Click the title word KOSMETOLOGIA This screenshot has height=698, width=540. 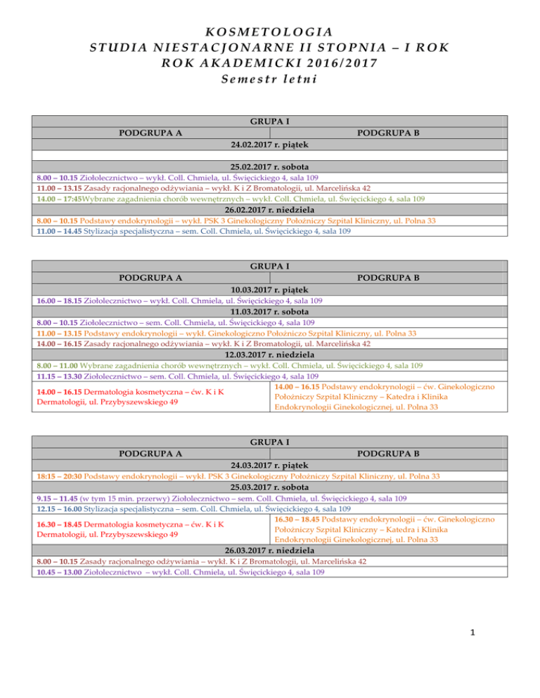(270, 32)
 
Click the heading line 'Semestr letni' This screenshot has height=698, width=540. (270, 78)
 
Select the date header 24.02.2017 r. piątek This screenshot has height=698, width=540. (270, 145)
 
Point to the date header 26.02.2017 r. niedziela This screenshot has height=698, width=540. (270, 211)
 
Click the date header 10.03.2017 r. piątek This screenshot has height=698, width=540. (270, 290)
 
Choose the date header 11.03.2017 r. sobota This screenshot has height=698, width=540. (270, 311)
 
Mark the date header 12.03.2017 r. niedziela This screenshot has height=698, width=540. (270, 355)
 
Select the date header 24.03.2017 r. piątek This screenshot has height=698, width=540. (270, 465)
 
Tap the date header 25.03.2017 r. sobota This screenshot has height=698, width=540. (270, 486)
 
